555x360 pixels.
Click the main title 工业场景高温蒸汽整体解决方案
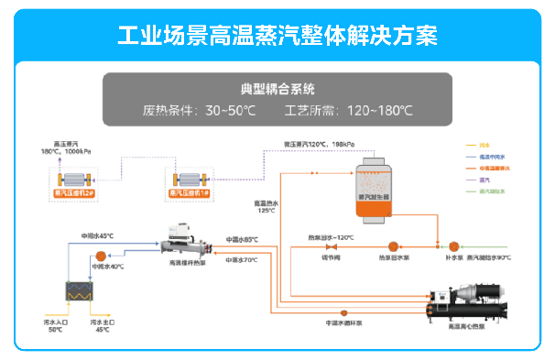click(277, 35)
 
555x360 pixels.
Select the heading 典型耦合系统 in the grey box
click(277, 89)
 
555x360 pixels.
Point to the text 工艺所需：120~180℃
click(349, 111)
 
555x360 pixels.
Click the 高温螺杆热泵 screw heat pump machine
click(189, 243)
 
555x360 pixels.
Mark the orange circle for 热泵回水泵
click(393, 245)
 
